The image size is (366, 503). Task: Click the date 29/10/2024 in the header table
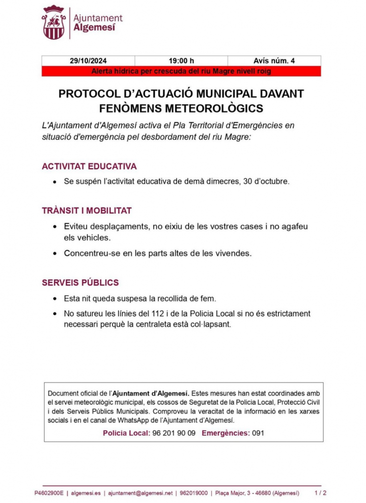87,61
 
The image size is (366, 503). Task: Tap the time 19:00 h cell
181,61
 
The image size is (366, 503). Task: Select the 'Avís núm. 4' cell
274,61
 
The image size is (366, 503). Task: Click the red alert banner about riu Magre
181,71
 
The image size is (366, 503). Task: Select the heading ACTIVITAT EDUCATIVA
89,167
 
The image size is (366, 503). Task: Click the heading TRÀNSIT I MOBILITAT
86,211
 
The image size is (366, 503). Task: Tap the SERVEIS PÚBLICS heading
80,283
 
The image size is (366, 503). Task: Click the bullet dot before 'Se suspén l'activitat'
55,182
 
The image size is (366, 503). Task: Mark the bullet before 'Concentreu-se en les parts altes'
55,254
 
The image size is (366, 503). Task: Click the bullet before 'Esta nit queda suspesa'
55,299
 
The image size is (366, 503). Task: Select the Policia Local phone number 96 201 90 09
174,433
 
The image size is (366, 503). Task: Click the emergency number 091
258,433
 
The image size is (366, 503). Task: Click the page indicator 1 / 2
320,493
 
